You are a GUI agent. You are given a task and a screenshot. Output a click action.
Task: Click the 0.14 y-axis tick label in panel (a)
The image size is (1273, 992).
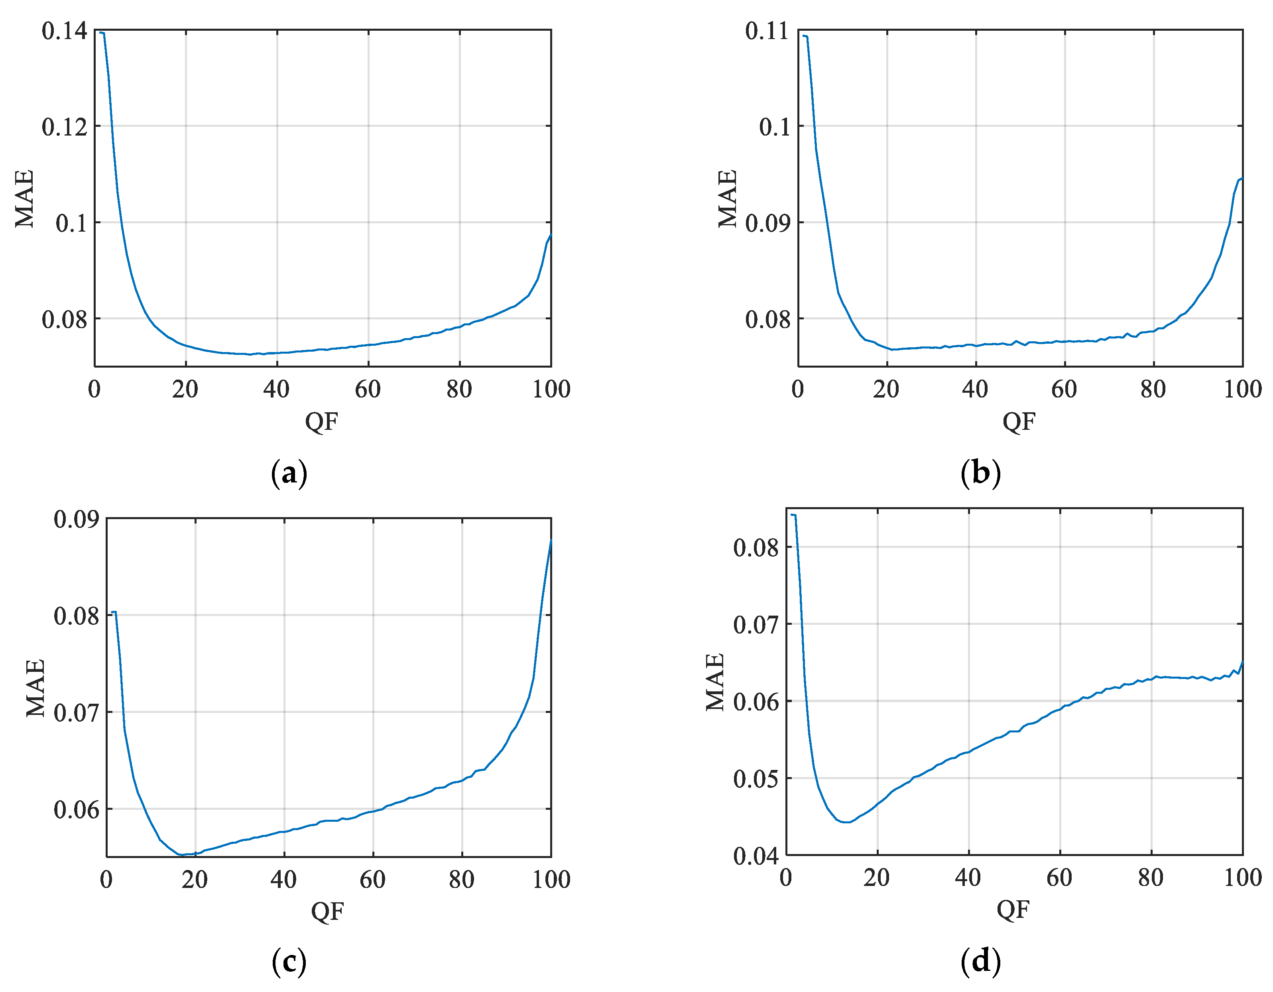coord(64,31)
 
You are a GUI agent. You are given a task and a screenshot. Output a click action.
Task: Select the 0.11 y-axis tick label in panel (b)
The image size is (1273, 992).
coord(767,31)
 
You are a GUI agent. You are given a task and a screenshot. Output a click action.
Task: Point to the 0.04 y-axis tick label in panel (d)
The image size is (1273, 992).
coord(756,856)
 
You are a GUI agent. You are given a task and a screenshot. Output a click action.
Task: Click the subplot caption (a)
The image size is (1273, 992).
coord(289,473)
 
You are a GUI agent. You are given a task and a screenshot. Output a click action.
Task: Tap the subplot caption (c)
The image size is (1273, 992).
coord(289,961)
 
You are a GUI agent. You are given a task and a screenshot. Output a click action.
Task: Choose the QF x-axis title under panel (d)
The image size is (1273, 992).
coord(1013,909)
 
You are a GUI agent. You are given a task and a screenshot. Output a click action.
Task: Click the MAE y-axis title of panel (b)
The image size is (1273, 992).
coord(728,198)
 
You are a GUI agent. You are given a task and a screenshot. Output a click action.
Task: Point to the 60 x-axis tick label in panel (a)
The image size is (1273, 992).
coord(368,389)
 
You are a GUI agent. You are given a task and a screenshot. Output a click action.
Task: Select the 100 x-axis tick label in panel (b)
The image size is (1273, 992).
coord(1242,389)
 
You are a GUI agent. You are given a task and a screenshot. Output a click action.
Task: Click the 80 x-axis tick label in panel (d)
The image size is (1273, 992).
coord(1151,877)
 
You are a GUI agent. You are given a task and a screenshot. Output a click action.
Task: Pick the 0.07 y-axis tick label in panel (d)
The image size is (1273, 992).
coord(756,625)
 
